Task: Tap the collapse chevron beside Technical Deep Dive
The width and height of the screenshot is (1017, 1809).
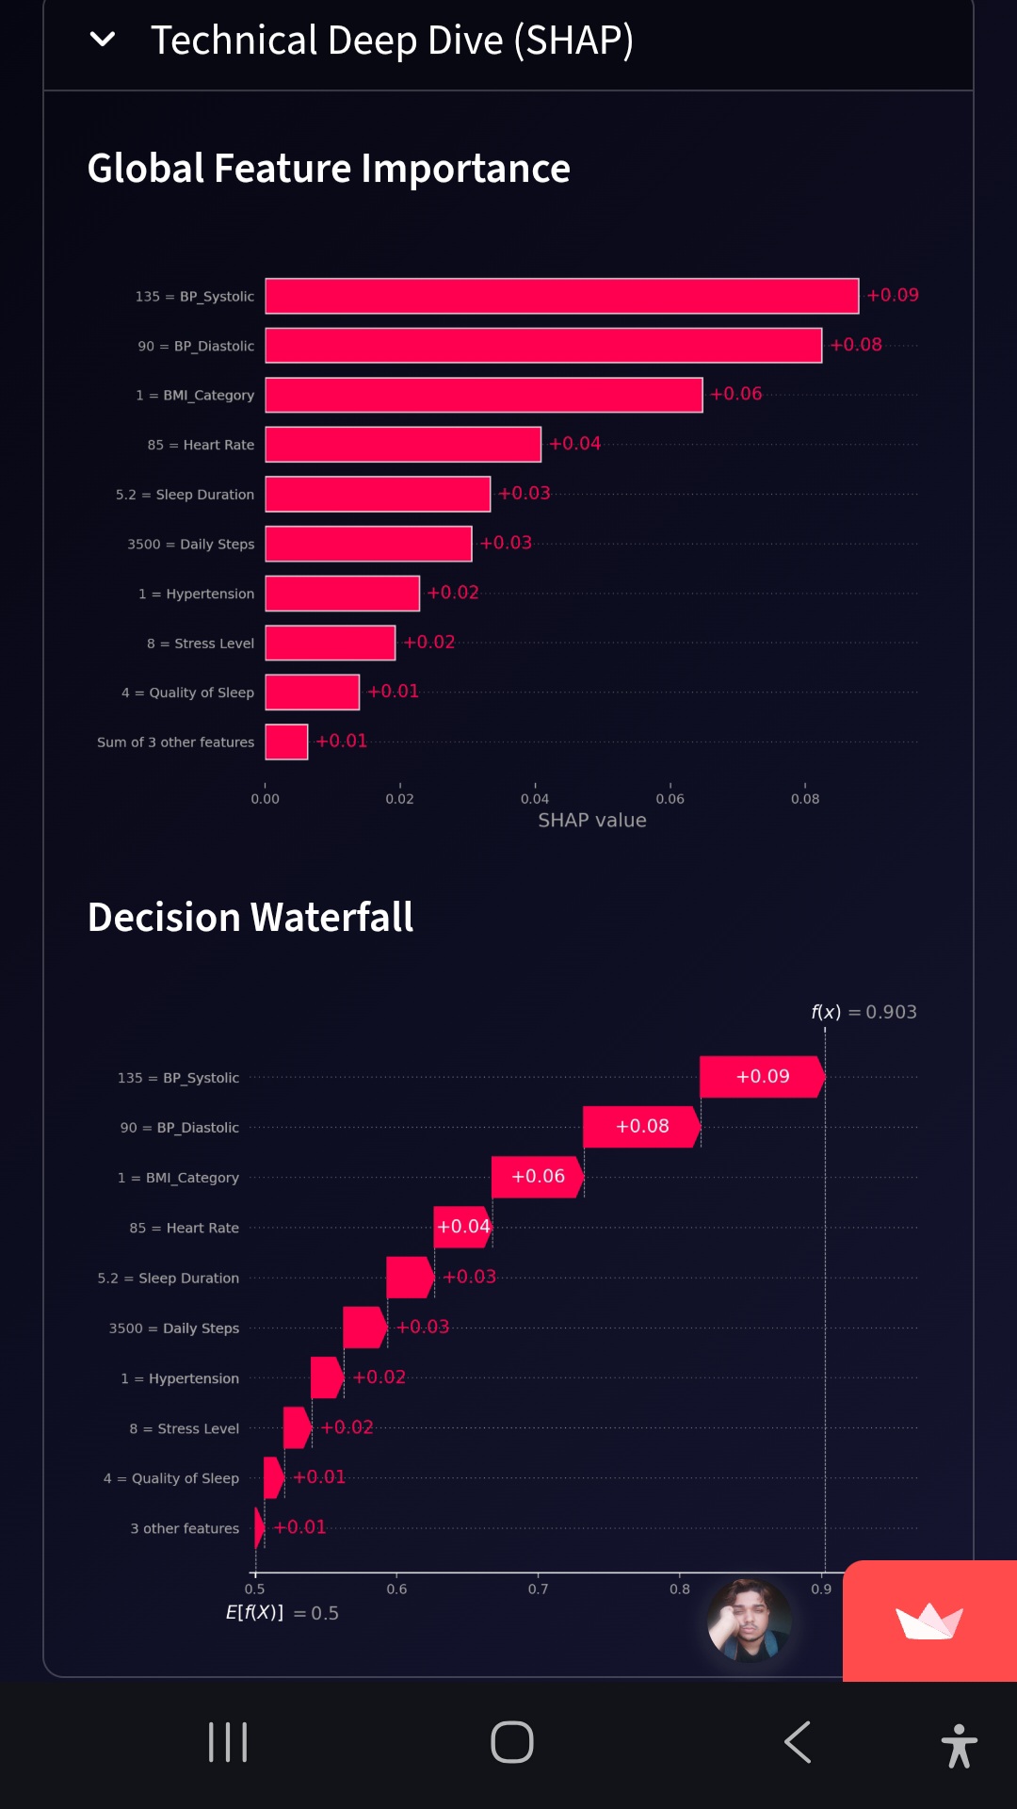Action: click(x=102, y=40)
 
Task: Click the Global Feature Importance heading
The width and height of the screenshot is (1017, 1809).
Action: click(x=329, y=169)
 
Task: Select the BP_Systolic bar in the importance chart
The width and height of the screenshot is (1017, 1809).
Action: click(x=561, y=296)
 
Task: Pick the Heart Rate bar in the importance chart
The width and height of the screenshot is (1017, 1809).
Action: click(x=403, y=445)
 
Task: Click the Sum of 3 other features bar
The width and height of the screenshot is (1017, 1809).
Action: click(x=286, y=742)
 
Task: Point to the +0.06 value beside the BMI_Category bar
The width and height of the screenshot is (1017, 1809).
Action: click(x=736, y=394)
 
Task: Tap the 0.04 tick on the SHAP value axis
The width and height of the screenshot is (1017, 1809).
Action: click(x=535, y=798)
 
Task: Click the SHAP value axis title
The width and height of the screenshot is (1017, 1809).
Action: click(x=591, y=821)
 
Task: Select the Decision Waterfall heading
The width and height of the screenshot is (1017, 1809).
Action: click(x=250, y=917)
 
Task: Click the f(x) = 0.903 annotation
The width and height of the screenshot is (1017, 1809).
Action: click(x=864, y=1012)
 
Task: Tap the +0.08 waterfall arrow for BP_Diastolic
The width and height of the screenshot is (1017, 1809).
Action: click(x=641, y=1127)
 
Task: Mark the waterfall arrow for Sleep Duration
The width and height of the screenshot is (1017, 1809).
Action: click(x=410, y=1278)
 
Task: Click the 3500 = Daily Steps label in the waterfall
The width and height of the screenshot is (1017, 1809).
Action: click(x=174, y=1328)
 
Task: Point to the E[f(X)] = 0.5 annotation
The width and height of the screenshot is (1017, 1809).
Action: click(x=282, y=1613)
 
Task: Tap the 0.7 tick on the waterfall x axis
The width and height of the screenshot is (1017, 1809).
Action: click(x=538, y=1589)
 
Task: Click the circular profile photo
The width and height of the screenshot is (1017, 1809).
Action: click(x=749, y=1621)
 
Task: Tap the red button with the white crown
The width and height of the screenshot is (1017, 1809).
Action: click(x=929, y=1622)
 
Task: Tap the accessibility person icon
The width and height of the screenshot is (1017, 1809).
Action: click(x=959, y=1745)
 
